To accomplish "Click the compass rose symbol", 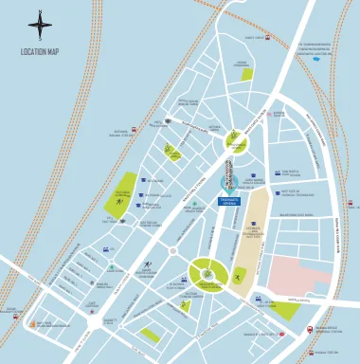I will pyautogui.click(x=40, y=26).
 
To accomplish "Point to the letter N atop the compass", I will pyautogui.click(x=40, y=10).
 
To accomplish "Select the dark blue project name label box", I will pyautogui.click(x=229, y=201).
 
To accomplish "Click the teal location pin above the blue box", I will pyautogui.click(x=227, y=182).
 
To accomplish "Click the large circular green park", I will pyautogui.click(x=206, y=274).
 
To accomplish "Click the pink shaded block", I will pyautogui.click(x=298, y=276).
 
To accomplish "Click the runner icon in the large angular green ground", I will pyautogui.click(x=120, y=200).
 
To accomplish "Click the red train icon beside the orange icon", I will pyautogui.click(x=17, y=314).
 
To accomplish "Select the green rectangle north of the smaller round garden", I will pyautogui.click(x=246, y=74).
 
